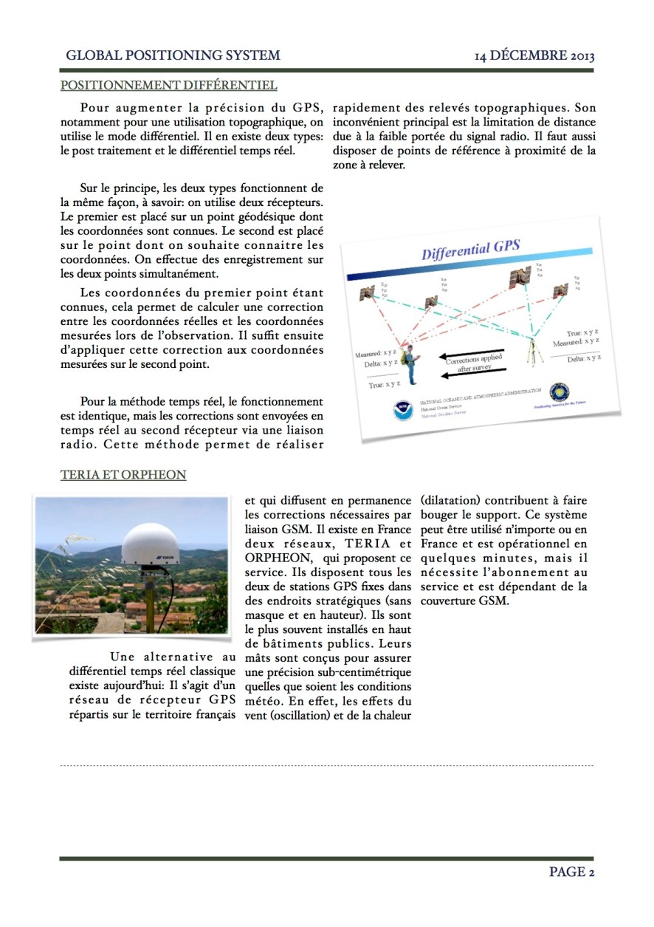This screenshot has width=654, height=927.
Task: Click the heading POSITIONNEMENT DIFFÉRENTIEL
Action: pos(168,85)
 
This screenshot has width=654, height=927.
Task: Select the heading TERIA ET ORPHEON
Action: pos(123,475)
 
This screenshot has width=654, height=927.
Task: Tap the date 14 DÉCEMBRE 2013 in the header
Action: pos(534,55)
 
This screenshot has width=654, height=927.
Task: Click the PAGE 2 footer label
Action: pos(571,872)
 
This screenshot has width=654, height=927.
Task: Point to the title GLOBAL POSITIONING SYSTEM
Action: pos(173,55)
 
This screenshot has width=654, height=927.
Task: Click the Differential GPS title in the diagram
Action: pos(471,249)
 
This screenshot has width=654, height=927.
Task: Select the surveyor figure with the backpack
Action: pos(410,363)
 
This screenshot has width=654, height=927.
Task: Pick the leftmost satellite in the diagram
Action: pos(367,294)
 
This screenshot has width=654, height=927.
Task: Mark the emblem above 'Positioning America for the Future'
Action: pos(559,392)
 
